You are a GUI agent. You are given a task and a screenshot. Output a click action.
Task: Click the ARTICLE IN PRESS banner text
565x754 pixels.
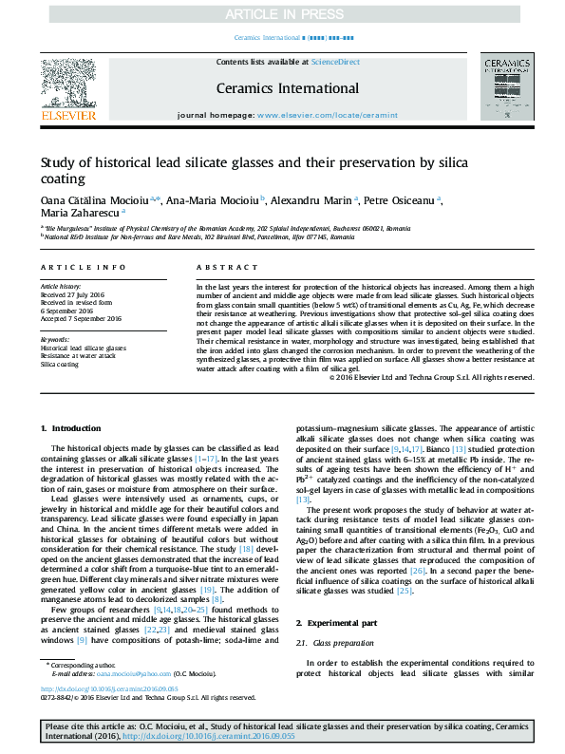(x=281, y=14)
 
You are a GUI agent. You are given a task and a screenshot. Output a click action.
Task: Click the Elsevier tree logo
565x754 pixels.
(x=67, y=82)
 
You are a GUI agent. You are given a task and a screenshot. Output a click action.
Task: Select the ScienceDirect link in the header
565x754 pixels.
(x=336, y=62)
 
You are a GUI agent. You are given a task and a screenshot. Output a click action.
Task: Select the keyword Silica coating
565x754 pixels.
(x=60, y=365)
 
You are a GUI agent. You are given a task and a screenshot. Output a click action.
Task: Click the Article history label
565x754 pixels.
(x=61, y=285)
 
